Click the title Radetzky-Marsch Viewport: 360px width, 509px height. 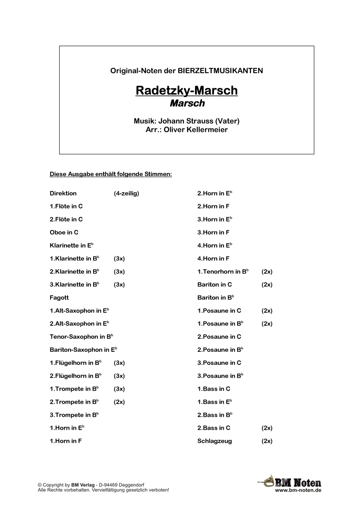pyautogui.click(x=187, y=91)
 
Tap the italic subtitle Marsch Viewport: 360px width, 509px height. pyautogui.click(x=187, y=104)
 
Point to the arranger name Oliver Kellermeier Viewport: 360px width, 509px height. pyautogui.click(x=199, y=129)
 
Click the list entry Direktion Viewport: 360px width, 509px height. pyautogui.click(x=63, y=193)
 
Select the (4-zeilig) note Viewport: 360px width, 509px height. pyautogui.click(x=127, y=193)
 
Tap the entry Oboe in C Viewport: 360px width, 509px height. pyautogui.click(x=64, y=233)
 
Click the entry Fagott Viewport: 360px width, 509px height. pyautogui.click(x=59, y=298)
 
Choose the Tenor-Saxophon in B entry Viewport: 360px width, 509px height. pyautogui.click(x=81, y=337)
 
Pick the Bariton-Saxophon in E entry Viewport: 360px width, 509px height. pyautogui.click(x=83, y=350)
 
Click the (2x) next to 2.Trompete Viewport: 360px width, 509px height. pyautogui.click(x=119, y=402)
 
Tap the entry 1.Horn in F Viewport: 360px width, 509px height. pyautogui.click(x=66, y=441)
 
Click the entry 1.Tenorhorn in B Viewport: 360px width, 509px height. pyautogui.click(x=223, y=272)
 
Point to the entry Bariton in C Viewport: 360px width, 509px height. pyautogui.click(x=215, y=285)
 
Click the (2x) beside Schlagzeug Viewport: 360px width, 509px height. pyautogui.click(x=267, y=441)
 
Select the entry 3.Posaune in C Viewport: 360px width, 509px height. pyautogui.click(x=219, y=363)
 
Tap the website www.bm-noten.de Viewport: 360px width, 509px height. pyautogui.click(x=298, y=490)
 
